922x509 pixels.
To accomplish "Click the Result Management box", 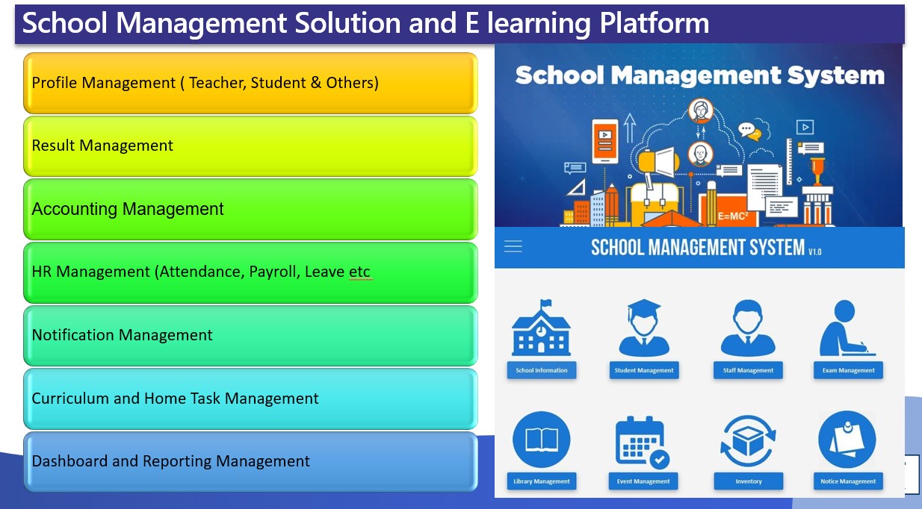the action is coord(250,146).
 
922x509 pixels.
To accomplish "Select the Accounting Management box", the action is coord(250,209).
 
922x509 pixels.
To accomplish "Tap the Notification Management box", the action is coord(250,336).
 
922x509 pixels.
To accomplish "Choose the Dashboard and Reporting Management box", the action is coord(250,462).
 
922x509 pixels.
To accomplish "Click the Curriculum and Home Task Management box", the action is coord(250,399).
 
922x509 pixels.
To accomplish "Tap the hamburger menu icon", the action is coord(513,246).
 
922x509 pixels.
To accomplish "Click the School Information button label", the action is coord(541,370).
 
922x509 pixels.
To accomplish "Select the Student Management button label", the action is coord(644,370).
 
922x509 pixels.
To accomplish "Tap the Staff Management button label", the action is coord(748,370).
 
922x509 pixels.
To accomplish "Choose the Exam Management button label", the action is coord(848,370).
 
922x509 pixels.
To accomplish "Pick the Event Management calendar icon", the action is coord(642,443).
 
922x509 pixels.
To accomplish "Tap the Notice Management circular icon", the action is coord(847,440).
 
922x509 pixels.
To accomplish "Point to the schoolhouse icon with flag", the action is coord(541,330).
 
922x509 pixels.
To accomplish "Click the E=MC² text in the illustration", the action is coord(733,216).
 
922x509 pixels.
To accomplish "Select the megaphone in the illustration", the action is coord(658,161).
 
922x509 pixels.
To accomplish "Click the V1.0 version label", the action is coord(815,252).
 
